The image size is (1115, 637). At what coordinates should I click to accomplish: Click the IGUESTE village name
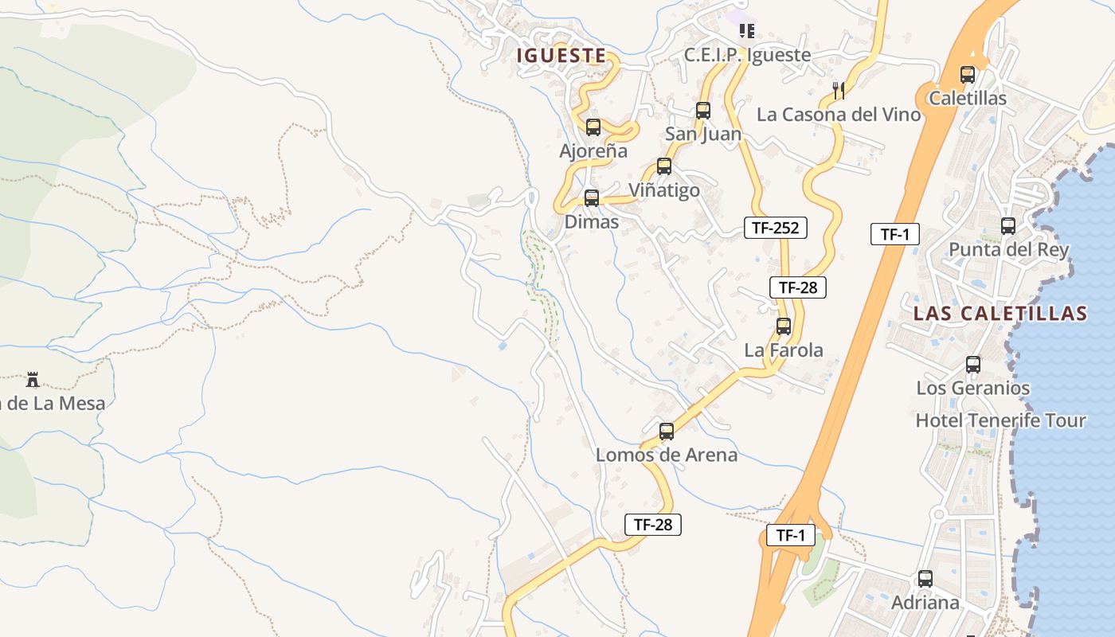pos(561,55)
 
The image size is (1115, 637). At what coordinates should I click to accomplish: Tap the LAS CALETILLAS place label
pos(1000,313)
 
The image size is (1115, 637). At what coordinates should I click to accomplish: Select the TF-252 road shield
pos(775,228)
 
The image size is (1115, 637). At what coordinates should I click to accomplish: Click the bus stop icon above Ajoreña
pos(593,127)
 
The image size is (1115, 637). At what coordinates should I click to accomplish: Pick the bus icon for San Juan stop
pos(702,111)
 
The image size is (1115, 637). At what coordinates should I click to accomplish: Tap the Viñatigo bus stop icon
pos(663,166)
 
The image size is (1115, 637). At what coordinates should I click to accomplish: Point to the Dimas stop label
pos(591,222)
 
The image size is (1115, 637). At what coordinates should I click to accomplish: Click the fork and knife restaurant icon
pos(838,90)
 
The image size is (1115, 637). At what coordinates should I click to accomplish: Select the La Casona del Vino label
pos(838,115)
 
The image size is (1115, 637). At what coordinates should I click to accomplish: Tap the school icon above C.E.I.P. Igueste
pos(746,31)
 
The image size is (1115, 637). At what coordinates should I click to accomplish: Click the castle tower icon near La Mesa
pos(33,379)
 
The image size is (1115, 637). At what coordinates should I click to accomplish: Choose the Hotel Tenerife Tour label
pos(1000,420)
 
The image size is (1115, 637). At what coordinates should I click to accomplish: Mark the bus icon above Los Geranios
pos(972,365)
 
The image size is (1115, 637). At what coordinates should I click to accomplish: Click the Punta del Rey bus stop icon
pos(1007,226)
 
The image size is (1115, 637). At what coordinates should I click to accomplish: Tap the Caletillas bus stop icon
pos(967,75)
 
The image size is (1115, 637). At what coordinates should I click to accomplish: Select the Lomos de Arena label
pos(667,455)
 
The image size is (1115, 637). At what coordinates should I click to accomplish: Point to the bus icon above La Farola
pos(783,326)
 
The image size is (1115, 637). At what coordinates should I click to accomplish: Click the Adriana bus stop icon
pos(925,579)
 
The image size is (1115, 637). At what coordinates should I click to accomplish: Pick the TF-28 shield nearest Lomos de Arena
pos(652,524)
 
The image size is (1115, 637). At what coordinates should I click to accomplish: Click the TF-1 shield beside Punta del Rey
pos(894,234)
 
